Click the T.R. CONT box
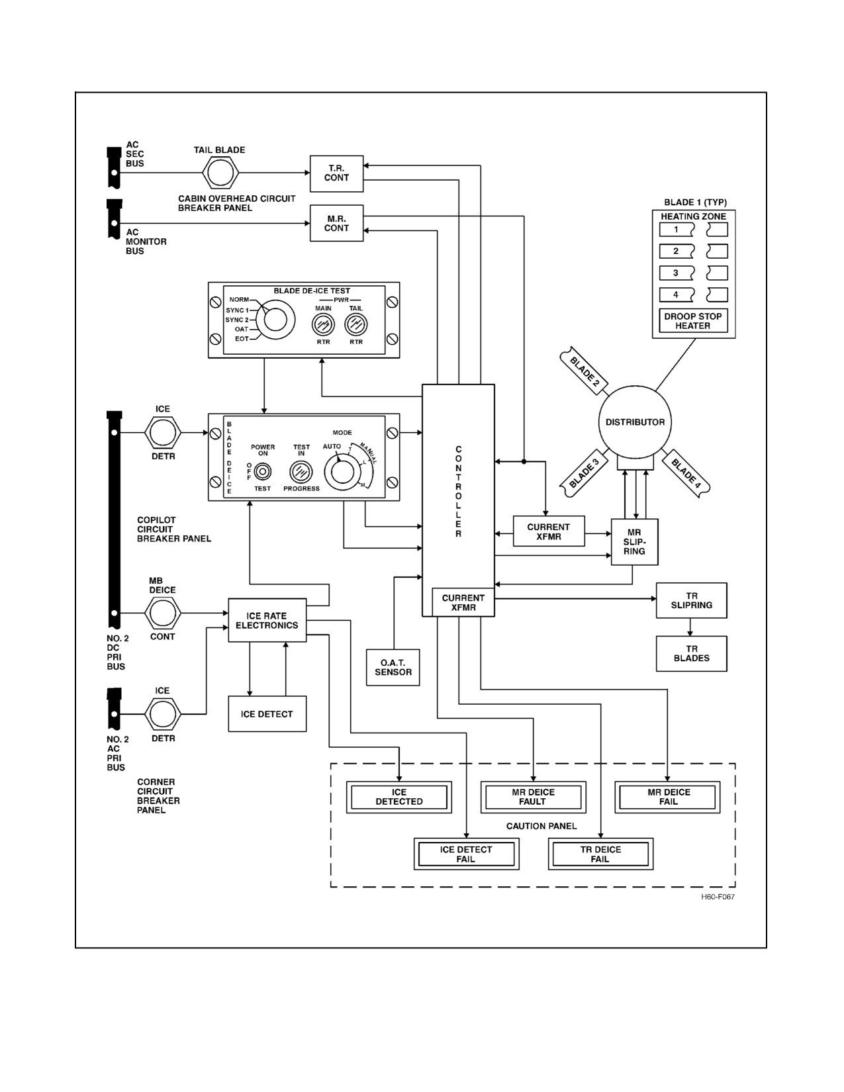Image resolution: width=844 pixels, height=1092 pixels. click(336, 173)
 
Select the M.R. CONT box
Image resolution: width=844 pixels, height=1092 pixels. click(336, 223)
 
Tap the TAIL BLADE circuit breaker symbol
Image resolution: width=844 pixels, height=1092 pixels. click(220, 173)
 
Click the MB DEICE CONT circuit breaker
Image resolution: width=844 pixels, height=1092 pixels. click(163, 613)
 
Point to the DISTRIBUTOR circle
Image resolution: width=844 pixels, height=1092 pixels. click(635, 422)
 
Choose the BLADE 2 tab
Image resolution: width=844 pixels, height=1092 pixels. click(584, 371)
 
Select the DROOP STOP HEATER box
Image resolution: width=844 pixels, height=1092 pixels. click(693, 320)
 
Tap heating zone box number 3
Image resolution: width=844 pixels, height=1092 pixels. click(677, 273)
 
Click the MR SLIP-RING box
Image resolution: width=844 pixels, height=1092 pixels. click(634, 542)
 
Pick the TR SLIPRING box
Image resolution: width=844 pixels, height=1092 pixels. click(691, 600)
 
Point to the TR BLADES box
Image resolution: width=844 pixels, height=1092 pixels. click(691, 654)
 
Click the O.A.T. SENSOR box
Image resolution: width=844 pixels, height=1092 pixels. click(393, 667)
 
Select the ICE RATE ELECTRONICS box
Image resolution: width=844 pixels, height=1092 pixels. click(267, 620)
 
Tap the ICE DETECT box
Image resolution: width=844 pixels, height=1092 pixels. click(267, 713)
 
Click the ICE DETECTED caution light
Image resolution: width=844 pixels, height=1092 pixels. click(399, 797)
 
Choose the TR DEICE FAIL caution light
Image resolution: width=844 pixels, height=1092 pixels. click(600, 854)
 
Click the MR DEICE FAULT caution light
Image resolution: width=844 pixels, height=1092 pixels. click(534, 797)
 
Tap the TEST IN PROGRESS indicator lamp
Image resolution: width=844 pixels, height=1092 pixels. click(301, 473)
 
